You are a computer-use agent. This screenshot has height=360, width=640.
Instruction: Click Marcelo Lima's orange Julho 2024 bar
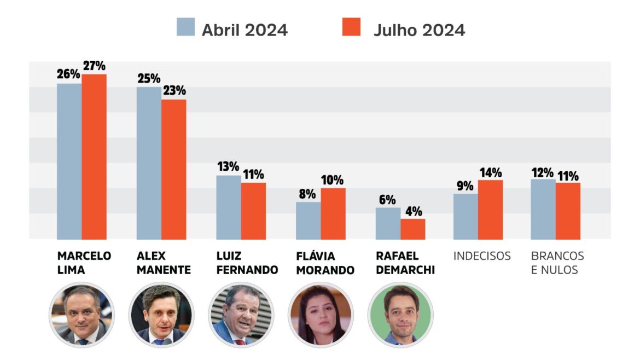pyautogui.click(x=94, y=156)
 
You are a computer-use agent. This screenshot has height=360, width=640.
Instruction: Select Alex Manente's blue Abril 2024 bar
pyautogui.click(x=149, y=163)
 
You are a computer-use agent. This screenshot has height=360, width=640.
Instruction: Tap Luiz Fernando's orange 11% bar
pyautogui.click(x=253, y=211)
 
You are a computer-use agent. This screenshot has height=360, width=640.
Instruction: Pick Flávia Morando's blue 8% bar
pyautogui.click(x=309, y=220)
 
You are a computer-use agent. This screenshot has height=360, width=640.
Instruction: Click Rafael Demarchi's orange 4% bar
pyautogui.click(x=412, y=229)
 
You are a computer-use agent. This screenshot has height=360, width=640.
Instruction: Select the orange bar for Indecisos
pyautogui.click(x=490, y=210)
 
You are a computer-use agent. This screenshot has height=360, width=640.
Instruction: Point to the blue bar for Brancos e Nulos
pyautogui.click(x=543, y=209)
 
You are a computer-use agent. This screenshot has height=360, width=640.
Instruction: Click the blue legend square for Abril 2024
pyautogui.click(x=185, y=27)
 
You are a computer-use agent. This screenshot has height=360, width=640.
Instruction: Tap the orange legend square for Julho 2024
pyautogui.click(x=351, y=27)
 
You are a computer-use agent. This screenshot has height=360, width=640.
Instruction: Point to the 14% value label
pyautogui.click(x=490, y=173)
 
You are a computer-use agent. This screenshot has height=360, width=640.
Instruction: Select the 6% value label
pyautogui.click(x=387, y=200)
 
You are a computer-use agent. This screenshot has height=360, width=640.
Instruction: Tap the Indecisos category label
pyautogui.click(x=482, y=256)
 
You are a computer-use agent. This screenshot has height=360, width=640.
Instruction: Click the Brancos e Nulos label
pyautogui.click(x=557, y=263)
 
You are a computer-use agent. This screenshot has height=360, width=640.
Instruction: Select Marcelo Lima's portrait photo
pyautogui.click(x=82, y=315)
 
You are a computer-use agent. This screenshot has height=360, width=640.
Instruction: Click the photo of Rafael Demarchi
pyautogui.click(x=400, y=315)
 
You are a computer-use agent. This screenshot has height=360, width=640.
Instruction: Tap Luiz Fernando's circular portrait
pyautogui.click(x=241, y=315)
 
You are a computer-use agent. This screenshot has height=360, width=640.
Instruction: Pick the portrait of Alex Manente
pyautogui.click(x=161, y=315)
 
